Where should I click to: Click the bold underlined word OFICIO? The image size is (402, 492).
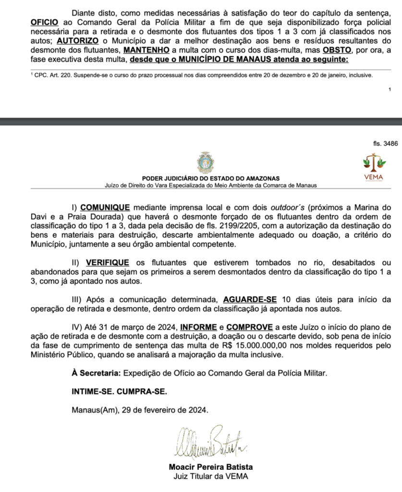coord(45,23)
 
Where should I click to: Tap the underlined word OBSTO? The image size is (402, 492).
coord(337,50)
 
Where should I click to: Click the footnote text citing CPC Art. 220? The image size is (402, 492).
coord(201,75)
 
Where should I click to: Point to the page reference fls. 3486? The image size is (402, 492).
coord(385,143)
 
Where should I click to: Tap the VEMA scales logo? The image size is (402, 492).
coord(375,163)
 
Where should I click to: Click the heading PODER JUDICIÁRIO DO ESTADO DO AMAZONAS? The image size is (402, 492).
coord(211,178)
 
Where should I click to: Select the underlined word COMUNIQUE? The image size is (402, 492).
coord(105,208)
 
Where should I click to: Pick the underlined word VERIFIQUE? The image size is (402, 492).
coord(108,263)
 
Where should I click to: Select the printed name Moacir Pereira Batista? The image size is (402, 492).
coord(211,467)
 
